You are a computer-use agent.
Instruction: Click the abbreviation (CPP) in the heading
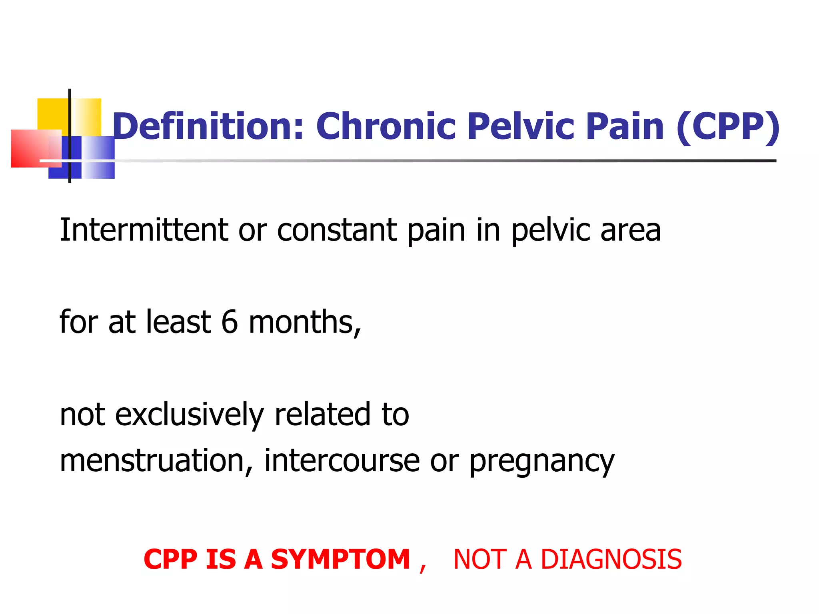728,127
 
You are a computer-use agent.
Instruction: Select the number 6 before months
230,322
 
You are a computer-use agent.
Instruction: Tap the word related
322,414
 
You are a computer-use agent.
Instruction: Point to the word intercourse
342,461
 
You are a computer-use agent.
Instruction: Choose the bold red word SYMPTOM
340,559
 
